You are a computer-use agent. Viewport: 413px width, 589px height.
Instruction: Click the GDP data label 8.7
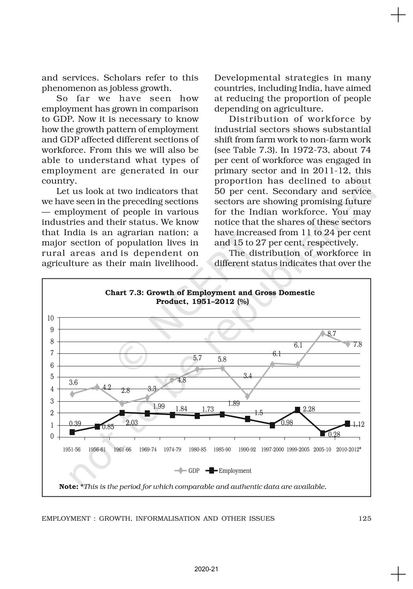point(332,334)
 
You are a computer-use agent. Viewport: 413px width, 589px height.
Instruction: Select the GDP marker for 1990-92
point(247,396)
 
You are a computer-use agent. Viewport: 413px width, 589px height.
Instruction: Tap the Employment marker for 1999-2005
point(297,410)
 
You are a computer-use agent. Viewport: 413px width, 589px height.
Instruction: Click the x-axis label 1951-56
point(72,450)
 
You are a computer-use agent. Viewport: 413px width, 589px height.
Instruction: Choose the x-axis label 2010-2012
point(348,450)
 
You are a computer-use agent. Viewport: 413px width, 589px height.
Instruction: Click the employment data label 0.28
point(334,434)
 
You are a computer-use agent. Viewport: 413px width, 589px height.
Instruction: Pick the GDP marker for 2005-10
point(323,333)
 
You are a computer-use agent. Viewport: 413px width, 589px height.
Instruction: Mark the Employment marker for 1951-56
point(72,432)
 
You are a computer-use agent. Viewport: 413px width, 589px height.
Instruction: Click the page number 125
point(365,519)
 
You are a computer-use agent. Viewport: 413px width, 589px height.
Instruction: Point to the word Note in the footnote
point(68,487)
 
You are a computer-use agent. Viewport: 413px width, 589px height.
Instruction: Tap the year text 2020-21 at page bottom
point(206,569)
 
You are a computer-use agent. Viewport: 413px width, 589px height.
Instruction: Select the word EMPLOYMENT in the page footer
point(65,519)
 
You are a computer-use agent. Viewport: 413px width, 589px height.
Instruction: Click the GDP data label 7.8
point(358,345)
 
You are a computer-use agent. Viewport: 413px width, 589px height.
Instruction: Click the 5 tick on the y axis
point(52,377)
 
